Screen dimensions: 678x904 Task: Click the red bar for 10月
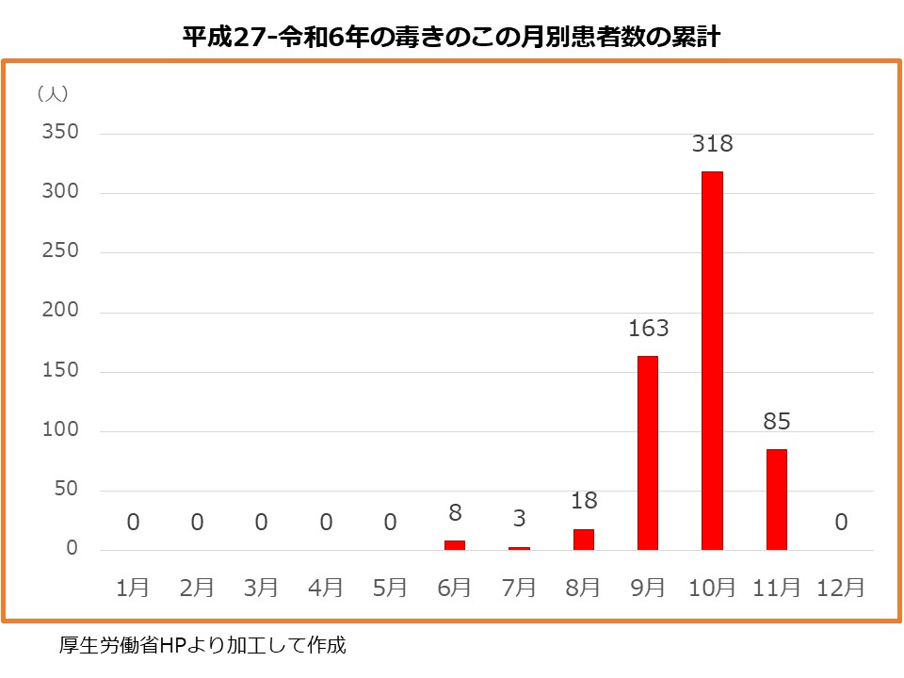[712, 361]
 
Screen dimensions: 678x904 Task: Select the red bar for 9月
[648, 453]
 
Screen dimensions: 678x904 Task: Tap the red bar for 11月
[776, 499]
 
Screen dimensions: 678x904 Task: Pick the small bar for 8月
[584, 540]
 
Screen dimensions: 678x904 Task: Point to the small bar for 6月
[455, 545]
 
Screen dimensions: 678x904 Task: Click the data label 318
[712, 145]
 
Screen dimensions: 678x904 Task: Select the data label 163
[648, 329]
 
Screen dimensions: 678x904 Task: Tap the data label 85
[776, 422]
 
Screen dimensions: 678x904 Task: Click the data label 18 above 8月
[584, 501]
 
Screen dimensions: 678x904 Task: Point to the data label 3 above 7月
[519, 519]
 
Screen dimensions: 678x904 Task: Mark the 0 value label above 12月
[841, 522]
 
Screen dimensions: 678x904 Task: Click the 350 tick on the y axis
[59, 133]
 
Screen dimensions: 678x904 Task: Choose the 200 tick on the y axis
[59, 312]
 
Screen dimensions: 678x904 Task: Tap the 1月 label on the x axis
[133, 588]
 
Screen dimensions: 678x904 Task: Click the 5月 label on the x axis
[390, 588]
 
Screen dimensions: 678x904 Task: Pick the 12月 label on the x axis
[841, 588]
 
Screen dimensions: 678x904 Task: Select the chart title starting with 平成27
[451, 37]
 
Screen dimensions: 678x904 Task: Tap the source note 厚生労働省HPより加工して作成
[202, 646]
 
